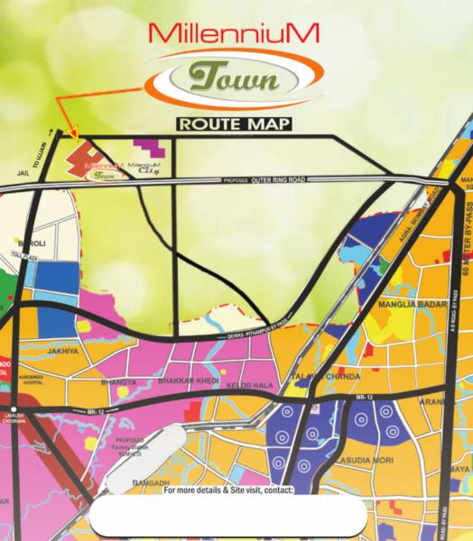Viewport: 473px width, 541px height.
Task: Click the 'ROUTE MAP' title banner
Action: [x=235, y=124]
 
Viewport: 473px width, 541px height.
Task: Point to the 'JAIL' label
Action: [x=23, y=169]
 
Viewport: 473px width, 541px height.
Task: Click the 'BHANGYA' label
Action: [x=120, y=381]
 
